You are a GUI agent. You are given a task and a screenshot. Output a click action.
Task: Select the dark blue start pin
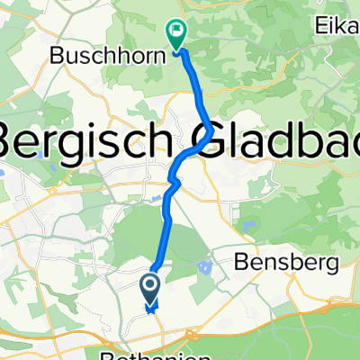click(x=149, y=290)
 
